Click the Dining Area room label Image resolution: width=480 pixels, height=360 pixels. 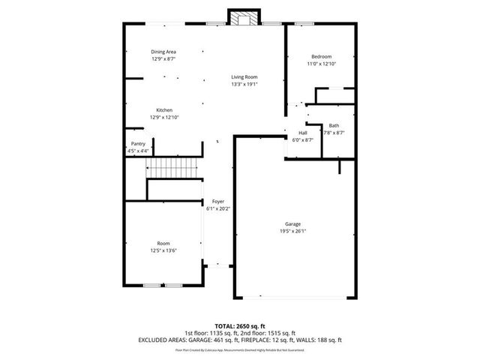pos(163,51)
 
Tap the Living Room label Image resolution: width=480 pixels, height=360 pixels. pos(244,76)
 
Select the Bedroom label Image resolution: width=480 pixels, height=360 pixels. pos(322,57)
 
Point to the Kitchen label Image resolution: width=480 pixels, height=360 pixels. pos(164,110)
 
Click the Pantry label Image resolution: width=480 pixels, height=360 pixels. pos(138,143)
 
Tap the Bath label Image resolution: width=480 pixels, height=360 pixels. pos(334,125)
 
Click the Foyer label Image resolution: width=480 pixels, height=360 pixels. pos(217,202)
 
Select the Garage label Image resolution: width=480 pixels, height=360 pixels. pos(293,223)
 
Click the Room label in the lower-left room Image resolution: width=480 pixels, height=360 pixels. pos(163,243)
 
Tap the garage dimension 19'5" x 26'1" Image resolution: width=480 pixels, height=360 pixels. pos(293,231)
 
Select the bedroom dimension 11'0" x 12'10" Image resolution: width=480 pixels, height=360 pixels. pos(322,64)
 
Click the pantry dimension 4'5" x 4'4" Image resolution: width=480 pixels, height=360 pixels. pos(138,151)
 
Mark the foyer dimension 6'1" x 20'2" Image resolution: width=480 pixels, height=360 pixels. pos(217,208)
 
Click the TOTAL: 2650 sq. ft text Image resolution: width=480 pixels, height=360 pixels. pos(239,325)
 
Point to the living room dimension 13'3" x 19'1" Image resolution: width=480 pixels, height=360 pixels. pos(244,84)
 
